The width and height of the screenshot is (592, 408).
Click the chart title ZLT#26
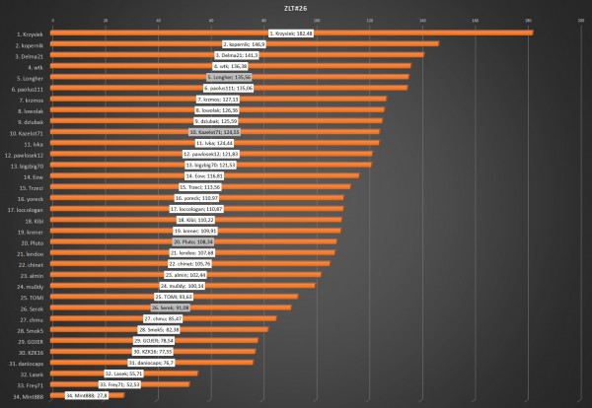click(295, 7)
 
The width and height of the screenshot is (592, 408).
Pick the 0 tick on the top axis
click(51, 19)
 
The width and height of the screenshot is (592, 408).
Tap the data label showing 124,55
click(215, 132)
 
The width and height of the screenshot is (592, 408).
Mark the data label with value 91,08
click(170, 307)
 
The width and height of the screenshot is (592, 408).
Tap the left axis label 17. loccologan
click(25, 209)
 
